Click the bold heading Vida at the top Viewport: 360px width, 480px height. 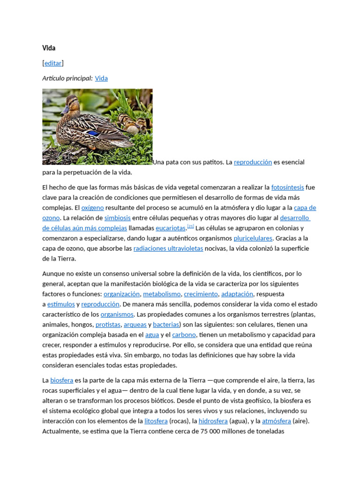(x=49, y=48)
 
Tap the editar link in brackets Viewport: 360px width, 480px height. (x=53, y=63)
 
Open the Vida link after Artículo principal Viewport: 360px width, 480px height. (x=101, y=78)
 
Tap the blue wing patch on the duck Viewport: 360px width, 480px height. (x=96, y=134)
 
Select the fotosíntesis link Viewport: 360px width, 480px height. (x=287, y=187)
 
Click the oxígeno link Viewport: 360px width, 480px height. (x=92, y=208)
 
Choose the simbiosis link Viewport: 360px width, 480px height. (x=117, y=218)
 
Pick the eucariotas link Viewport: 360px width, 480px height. (x=171, y=228)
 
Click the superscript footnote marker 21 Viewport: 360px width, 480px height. (x=190, y=226)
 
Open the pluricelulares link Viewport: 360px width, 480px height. (x=253, y=238)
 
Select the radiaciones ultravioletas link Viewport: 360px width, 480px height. (x=168, y=248)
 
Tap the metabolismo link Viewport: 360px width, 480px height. (x=162, y=294)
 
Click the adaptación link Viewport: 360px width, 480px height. (x=237, y=294)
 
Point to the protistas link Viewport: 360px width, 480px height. (x=108, y=324)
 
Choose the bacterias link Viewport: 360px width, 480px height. (x=166, y=324)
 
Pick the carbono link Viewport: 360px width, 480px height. (x=184, y=335)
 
